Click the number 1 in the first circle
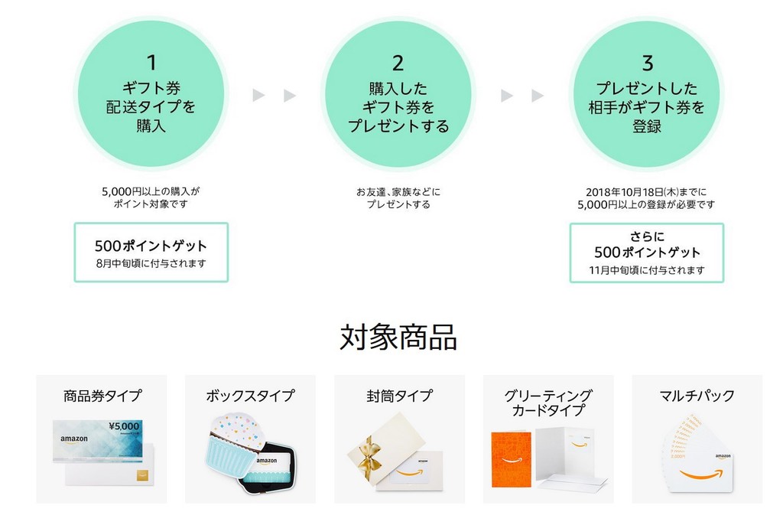[x=151, y=63]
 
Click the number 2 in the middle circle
[x=398, y=63]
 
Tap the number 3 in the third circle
[x=647, y=63]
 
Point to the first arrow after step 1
[x=258, y=95]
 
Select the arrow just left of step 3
[x=538, y=95]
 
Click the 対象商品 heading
[x=398, y=337]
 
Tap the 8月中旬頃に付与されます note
[x=151, y=263]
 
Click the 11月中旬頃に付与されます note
[x=647, y=270]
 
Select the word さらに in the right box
[x=647, y=236]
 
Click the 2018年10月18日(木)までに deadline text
[x=646, y=192]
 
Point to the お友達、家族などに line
[x=398, y=192]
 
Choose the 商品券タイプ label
[x=102, y=396]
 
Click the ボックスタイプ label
[x=250, y=396]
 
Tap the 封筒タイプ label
[x=399, y=396]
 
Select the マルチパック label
[x=697, y=396]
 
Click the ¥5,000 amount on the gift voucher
[x=124, y=426]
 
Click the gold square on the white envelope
[x=142, y=475]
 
